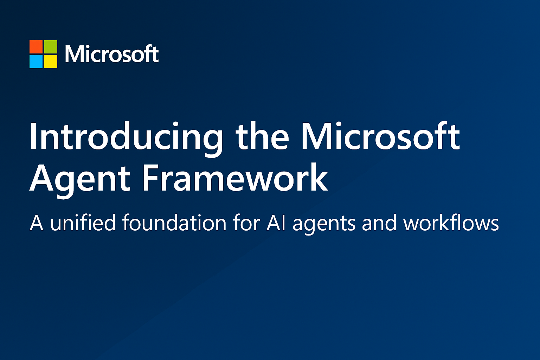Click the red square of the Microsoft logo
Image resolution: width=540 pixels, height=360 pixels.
pos(36,46)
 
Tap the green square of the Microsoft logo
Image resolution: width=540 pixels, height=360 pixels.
pos(50,46)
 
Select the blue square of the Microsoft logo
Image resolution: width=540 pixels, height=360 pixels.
pos(36,61)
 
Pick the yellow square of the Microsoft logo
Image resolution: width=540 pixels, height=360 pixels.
pos(50,61)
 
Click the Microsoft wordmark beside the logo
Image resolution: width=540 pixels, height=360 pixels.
pos(112,54)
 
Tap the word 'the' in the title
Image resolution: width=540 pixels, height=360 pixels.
pos(262,136)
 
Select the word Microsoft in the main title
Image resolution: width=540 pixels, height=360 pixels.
pos(380,136)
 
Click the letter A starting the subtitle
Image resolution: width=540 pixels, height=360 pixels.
pos(37,223)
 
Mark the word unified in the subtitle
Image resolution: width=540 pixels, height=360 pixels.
pos(83,223)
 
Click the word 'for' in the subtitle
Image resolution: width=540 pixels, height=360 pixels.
pos(246,223)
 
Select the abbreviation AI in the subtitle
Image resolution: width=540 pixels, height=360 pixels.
pos(276,223)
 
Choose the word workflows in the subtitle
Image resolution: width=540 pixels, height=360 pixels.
pos(451,223)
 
